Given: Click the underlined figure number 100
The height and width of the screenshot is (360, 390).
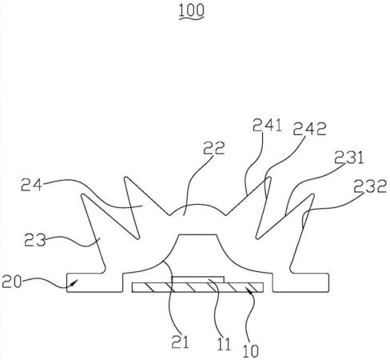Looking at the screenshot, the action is pyautogui.click(x=191, y=11).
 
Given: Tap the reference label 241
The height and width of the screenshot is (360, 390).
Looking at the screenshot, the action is pyautogui.click(x=267, y=125).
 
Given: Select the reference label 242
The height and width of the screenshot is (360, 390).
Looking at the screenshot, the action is pyautogui.click(x=309, y=129).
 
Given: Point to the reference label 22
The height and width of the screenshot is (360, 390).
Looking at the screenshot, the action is pyautogui.click(x=214, y=148).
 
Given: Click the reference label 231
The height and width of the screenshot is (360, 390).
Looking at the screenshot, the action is pyautogui.click(x=348, y=158).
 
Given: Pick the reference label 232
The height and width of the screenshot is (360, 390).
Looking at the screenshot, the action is pyautogui.click(x=370, y=186).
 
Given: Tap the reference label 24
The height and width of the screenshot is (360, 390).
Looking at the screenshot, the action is pyautogui.click(x=31, y=185).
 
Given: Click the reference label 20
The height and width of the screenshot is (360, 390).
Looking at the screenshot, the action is pyautogui.click(x=12, y=282).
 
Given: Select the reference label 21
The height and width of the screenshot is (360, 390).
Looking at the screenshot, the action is pyautogui.click(x=180, y=342).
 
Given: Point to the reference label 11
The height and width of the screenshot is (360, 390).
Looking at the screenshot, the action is pyautogui.click(x=224, y=344).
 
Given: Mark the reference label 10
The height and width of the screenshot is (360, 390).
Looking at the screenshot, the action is pyautogui.click(x=251, y=350).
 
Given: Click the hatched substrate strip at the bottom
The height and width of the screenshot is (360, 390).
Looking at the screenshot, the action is pyautogui.click(x=197, y=287).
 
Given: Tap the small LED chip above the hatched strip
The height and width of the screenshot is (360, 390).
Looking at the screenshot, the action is pyautogui.click(x=197, y=279).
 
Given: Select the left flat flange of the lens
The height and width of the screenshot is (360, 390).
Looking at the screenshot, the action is pyautogui.click(x=94, y=282).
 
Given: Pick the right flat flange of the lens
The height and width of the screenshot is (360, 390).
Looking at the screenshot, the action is pyautogui.click(x=300, y=282).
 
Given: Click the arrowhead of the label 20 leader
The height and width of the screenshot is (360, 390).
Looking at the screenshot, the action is pyautogui.click(x=75, y=282).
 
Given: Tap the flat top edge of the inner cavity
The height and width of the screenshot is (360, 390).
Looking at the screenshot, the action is pyautogui.click(x=197, y=235).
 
